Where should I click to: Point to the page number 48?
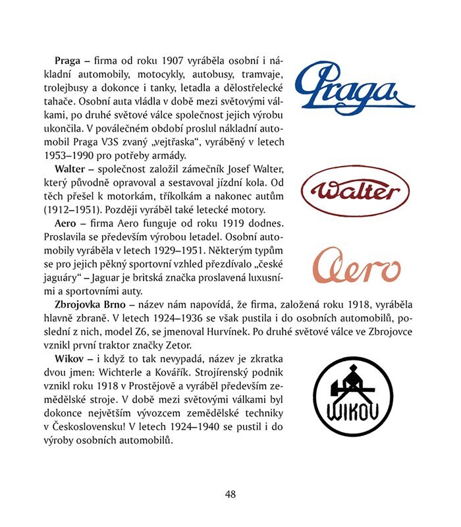(230, 493)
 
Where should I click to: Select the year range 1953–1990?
(74, 157)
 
